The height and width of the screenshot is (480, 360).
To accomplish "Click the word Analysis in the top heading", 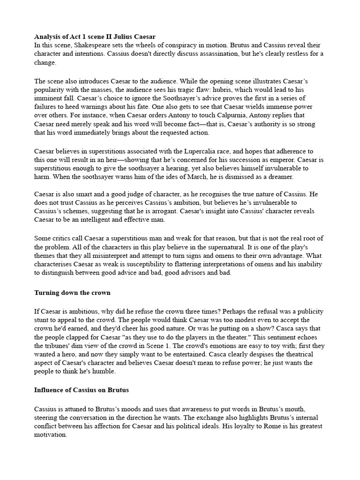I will (48, 36).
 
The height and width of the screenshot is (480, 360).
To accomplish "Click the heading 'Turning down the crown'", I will (72, 293).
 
